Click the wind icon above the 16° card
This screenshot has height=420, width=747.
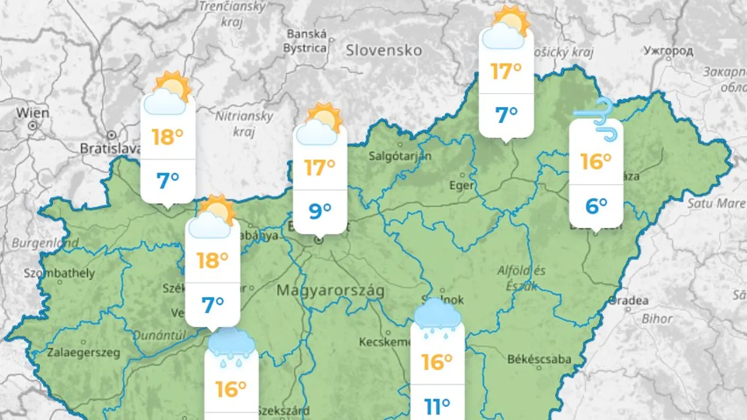coord(596,117)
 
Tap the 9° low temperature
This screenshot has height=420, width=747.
coord(319,211)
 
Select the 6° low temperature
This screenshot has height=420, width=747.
coord(596,206)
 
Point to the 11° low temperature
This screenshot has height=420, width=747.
coord(437,407)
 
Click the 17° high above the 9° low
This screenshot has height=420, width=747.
coord(319,167)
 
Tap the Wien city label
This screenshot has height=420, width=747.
coord(32,113)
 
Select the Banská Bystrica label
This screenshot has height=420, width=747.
coord(306,41)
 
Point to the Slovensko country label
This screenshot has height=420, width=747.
coord(384,50)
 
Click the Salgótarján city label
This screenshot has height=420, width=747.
coord(400,156)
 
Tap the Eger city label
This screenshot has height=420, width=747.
coord(461,186)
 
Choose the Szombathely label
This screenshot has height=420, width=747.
coord(59,273)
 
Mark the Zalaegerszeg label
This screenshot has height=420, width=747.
coord(83,352)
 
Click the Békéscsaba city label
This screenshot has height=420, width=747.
coord(539,359)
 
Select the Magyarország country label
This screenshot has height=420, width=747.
coord(330,290)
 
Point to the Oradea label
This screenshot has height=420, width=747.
coord(629,301)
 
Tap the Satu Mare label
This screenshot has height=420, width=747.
coord(716,203)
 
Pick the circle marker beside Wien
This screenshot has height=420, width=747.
coord(32,126)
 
